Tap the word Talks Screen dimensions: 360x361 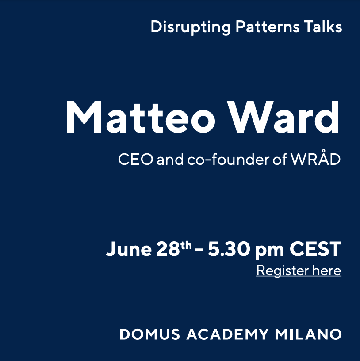[x=323, y=27]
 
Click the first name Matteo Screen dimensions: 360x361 [x=141, y=117]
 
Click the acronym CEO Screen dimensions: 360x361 [x=135, y=160]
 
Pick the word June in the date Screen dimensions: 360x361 [x=129, y=249]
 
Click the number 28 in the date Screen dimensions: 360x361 [x=168, y=249]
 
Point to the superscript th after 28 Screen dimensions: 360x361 [x=186, y=245]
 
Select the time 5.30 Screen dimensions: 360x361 [x=229, y=249]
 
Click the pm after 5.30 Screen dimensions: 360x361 [x=269, y=251]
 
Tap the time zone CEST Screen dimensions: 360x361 [x=315, y=249]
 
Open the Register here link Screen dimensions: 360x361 [x=299, y=270]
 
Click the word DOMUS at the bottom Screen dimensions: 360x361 [x=150, y=334]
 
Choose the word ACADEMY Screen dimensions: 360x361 [x=228, y=334]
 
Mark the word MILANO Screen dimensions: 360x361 [x=308, y=334]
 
